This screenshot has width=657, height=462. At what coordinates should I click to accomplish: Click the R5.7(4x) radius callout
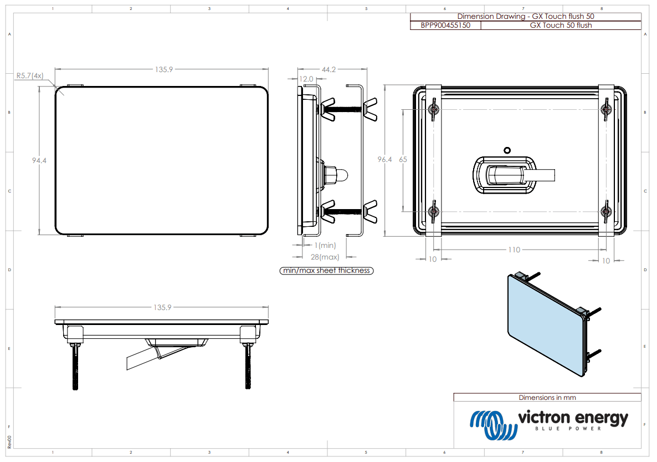(30, 75)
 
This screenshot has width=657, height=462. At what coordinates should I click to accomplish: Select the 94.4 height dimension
(39, 160)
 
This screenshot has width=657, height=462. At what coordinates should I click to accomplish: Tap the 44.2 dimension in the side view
(329, 69)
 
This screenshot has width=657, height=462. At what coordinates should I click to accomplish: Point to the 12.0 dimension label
(306, 79)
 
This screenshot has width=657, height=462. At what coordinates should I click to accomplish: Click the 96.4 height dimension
(384, 159)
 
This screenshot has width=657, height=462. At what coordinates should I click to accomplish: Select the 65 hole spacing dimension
(403, 159)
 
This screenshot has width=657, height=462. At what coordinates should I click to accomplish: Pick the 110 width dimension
(514, 250)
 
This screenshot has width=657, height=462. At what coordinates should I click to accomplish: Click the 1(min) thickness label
(325, 245)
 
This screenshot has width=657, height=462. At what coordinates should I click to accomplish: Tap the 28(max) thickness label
(325, 257)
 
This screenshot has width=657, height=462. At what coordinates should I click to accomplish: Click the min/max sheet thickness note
(327, 271)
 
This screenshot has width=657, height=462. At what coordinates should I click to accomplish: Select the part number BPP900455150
(445, 25)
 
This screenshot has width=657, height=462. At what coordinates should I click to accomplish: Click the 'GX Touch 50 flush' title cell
(561, 25)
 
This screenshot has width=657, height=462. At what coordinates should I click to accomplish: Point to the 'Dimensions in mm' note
(547, 397)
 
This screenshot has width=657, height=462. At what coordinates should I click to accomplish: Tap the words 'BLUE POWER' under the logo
(569, 429)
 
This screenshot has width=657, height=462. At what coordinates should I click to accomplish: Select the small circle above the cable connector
(506, 150)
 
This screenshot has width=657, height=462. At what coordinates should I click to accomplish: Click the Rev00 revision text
(9, 441)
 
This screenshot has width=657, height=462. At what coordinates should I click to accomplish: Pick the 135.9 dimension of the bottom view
(163, 307)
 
